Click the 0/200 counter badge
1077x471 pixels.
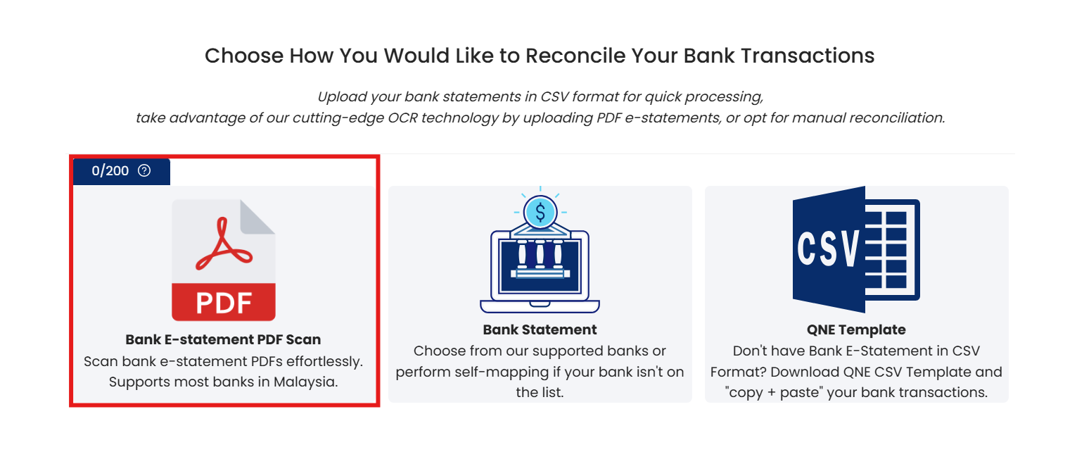(121, 171)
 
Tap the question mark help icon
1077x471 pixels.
(144, 171)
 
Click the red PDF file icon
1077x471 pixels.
(224, 260)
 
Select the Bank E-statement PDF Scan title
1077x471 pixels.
(223, 339)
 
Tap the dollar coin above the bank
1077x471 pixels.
(540, 212)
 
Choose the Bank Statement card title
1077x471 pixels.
(540, 329)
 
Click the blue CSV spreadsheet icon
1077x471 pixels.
(856, 249)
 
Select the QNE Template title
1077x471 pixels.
(856, 329)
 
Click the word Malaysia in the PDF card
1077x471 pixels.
(306, 382)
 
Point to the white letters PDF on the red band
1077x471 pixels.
(224, 303)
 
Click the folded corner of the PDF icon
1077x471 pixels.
(257, 217)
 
